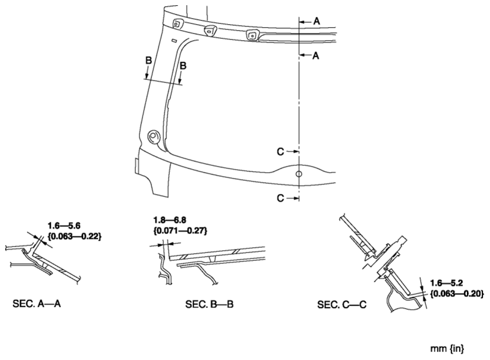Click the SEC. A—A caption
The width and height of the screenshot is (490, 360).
point(36,303)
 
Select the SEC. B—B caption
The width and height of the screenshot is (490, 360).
point(209,304)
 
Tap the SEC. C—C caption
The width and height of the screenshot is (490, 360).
point(341,305)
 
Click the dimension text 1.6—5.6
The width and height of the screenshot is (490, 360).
point(64,225)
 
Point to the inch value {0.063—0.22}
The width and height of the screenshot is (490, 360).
point(75,236)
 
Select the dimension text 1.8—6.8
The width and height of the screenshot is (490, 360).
point(170,220)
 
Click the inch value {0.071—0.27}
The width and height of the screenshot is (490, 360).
point(180,231)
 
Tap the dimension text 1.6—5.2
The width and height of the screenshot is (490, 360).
point(447,283)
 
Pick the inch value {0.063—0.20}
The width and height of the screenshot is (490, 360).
point(457,294)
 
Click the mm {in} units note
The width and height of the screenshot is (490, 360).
point(447,348)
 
